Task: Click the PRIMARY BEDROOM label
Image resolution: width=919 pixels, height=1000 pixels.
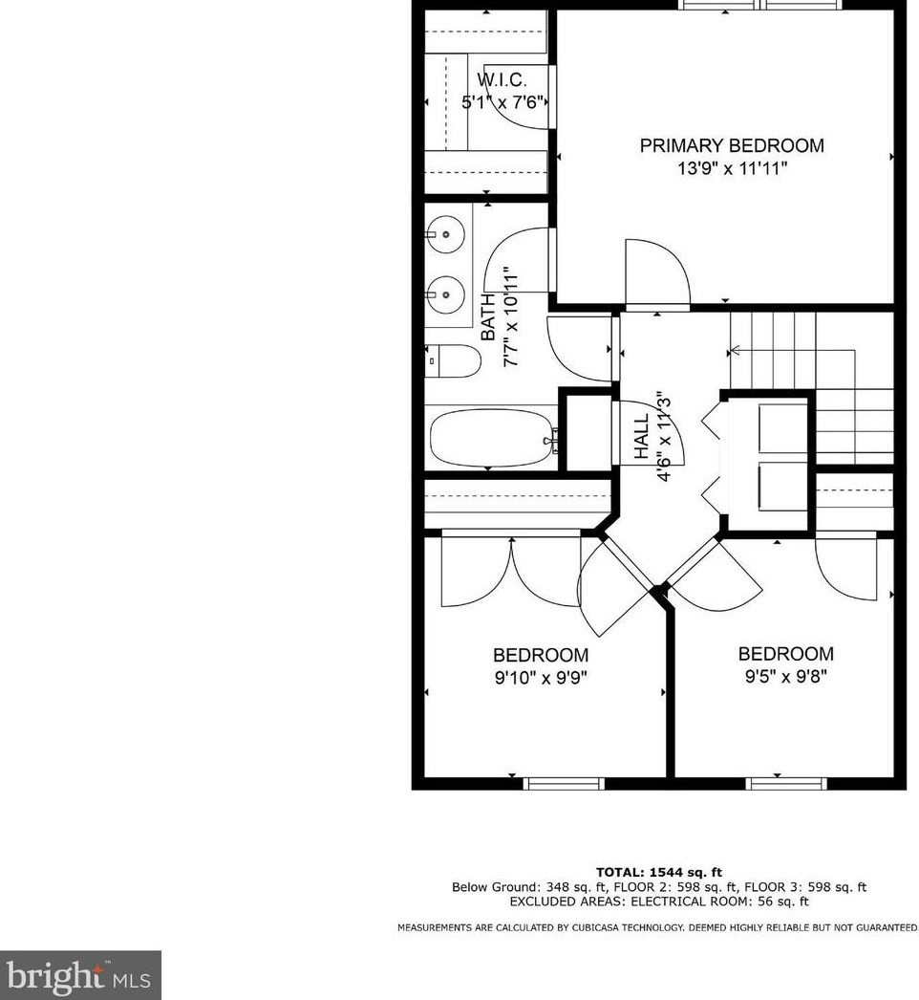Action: coord(731,145)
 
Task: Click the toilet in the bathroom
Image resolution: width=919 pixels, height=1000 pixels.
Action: coord(454,361)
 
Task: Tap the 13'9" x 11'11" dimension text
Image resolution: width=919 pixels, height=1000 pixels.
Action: coord(731,168)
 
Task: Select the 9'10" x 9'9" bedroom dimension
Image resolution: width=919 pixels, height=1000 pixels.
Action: coord(540,678)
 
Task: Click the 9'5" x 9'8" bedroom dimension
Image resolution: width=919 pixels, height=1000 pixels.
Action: coord(785,677)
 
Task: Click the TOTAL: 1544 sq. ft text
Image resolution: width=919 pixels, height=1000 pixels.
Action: coord(658,872)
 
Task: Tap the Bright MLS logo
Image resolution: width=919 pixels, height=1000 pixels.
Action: coord(80,975)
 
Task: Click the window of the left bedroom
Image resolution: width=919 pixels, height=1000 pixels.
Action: coord(564,783)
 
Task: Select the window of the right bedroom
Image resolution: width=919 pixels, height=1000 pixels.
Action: coord(785,783)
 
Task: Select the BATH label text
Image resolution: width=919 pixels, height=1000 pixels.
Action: coord(488,317)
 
